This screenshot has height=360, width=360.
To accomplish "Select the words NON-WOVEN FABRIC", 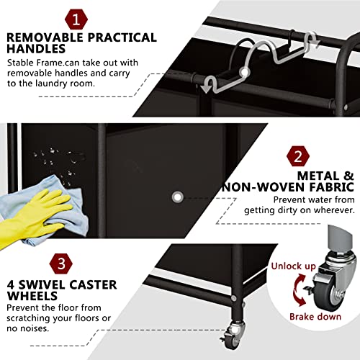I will click(294, 186).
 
